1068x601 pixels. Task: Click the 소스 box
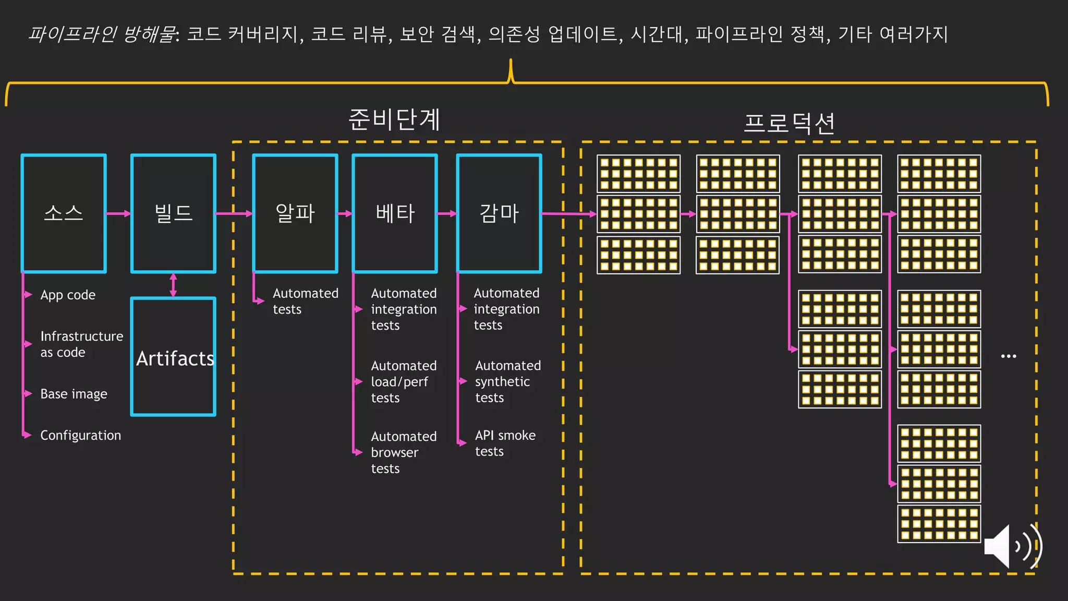64,213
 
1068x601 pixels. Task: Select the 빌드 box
173,213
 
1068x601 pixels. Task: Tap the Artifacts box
173,357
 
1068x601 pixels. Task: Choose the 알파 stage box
295,213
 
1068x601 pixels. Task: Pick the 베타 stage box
395,213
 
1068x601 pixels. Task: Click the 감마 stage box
499,213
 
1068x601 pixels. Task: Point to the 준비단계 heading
394,119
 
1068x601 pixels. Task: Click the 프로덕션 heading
789,124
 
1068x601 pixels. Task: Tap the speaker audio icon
1012,546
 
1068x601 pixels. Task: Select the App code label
68,295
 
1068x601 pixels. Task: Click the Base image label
74,394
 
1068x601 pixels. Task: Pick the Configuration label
80,435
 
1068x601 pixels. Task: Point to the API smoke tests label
505,443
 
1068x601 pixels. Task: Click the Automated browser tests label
403,452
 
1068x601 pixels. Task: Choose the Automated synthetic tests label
507,381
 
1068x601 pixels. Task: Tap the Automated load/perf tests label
403,381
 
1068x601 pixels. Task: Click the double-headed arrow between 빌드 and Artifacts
173,285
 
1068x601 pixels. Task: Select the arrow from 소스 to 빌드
118,213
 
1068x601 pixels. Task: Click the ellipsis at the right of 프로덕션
1009,356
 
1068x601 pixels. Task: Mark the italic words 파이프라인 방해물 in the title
102,34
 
